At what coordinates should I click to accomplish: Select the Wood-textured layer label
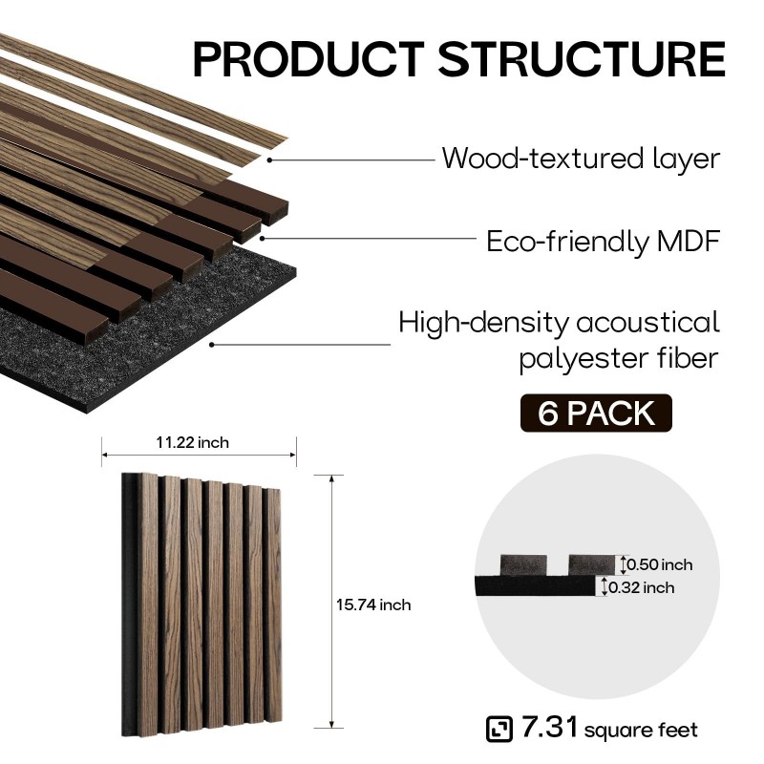tap(581, 159)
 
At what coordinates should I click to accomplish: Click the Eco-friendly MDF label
tap(604, 242)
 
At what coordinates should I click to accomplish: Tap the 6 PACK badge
tap(596, 414)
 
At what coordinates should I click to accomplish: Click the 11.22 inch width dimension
tap(193, 442)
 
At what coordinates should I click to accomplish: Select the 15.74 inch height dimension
tap(373, 605)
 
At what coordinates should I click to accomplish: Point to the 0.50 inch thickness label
tap(659, 564)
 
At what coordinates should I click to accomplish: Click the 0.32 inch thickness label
tap(641, 587)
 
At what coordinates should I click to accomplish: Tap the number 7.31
tap(549, 727)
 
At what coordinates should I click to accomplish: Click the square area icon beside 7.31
tap(499, 729)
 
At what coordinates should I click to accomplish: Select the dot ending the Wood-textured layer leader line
tap(269, 159)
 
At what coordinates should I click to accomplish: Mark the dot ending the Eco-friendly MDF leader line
tap(262, 238)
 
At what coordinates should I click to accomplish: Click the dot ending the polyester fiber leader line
tap(211, 345)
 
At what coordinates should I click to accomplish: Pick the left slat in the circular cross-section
tap(523, 565)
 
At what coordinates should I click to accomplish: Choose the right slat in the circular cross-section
tap(591, 565)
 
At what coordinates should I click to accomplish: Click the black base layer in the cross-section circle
tap(535, 586)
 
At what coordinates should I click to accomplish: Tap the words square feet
tap(641, 731)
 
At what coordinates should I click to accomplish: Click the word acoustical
tap(648, 323)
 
